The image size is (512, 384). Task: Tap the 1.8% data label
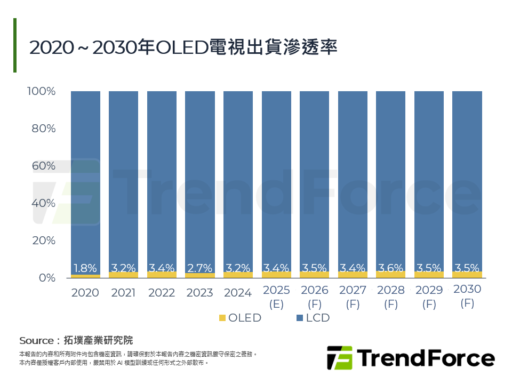85,268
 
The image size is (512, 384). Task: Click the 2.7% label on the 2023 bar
200,268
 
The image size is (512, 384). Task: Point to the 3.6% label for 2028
391,268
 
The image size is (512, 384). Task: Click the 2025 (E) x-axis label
276,297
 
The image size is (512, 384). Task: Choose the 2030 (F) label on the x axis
467,296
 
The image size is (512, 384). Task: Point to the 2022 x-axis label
162,293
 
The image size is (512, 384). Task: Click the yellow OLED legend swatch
222,318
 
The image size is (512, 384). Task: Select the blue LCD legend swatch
300,318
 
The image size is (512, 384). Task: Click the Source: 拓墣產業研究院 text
76,340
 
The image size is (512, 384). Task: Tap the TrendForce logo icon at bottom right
339,357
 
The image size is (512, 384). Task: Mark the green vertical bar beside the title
15,45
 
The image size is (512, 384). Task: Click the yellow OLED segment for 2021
124,275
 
